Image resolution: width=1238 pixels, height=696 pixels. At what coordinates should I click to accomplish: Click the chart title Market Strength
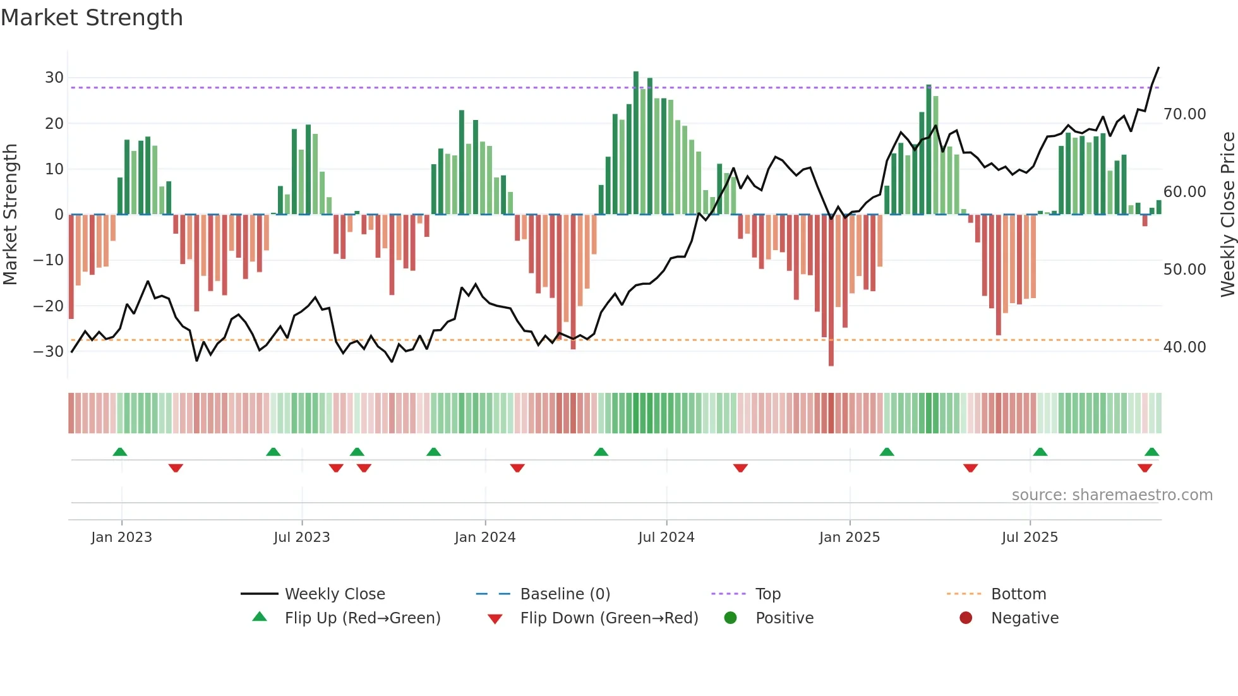(92, 18)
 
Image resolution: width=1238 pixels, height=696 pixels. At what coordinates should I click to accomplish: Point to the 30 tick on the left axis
(54, 78)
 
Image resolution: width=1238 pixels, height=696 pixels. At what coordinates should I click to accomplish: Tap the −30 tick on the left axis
(49, 351)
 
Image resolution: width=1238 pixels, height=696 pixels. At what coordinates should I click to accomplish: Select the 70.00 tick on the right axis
(1184, 114)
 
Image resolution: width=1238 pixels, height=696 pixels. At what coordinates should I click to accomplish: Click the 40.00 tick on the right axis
(1184, 347)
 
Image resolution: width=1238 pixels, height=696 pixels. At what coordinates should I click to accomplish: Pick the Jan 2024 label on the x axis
(484, 537)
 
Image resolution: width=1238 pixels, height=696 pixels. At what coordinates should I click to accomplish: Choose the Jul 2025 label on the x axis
(1029, 537)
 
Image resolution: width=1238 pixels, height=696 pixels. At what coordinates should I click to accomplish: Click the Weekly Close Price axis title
(1227, 214)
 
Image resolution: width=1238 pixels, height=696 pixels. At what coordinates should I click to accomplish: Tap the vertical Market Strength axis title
(10, 214)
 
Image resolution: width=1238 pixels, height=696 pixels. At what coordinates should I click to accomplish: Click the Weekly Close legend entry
(334, 594)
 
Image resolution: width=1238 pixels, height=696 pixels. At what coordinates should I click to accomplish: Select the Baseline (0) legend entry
(565, 594)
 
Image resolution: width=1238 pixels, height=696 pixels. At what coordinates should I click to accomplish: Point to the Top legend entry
(767, 594)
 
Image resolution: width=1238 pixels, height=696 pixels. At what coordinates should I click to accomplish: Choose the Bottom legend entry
(1018, 594)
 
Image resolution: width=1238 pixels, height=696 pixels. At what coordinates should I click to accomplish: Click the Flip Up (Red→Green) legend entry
(362, 618)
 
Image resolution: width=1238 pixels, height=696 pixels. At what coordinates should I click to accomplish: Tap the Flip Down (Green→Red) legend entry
(609, 618)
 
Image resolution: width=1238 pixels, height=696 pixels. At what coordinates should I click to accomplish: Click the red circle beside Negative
(965, 618)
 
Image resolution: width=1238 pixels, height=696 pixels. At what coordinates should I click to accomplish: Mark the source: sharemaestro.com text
(1112, 495)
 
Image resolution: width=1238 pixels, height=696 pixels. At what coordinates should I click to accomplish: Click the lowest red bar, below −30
(831, 291)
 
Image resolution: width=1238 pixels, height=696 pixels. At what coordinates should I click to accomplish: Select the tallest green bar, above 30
(636, 143)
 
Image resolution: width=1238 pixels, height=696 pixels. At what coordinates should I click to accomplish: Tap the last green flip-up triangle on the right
(1151, 452)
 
